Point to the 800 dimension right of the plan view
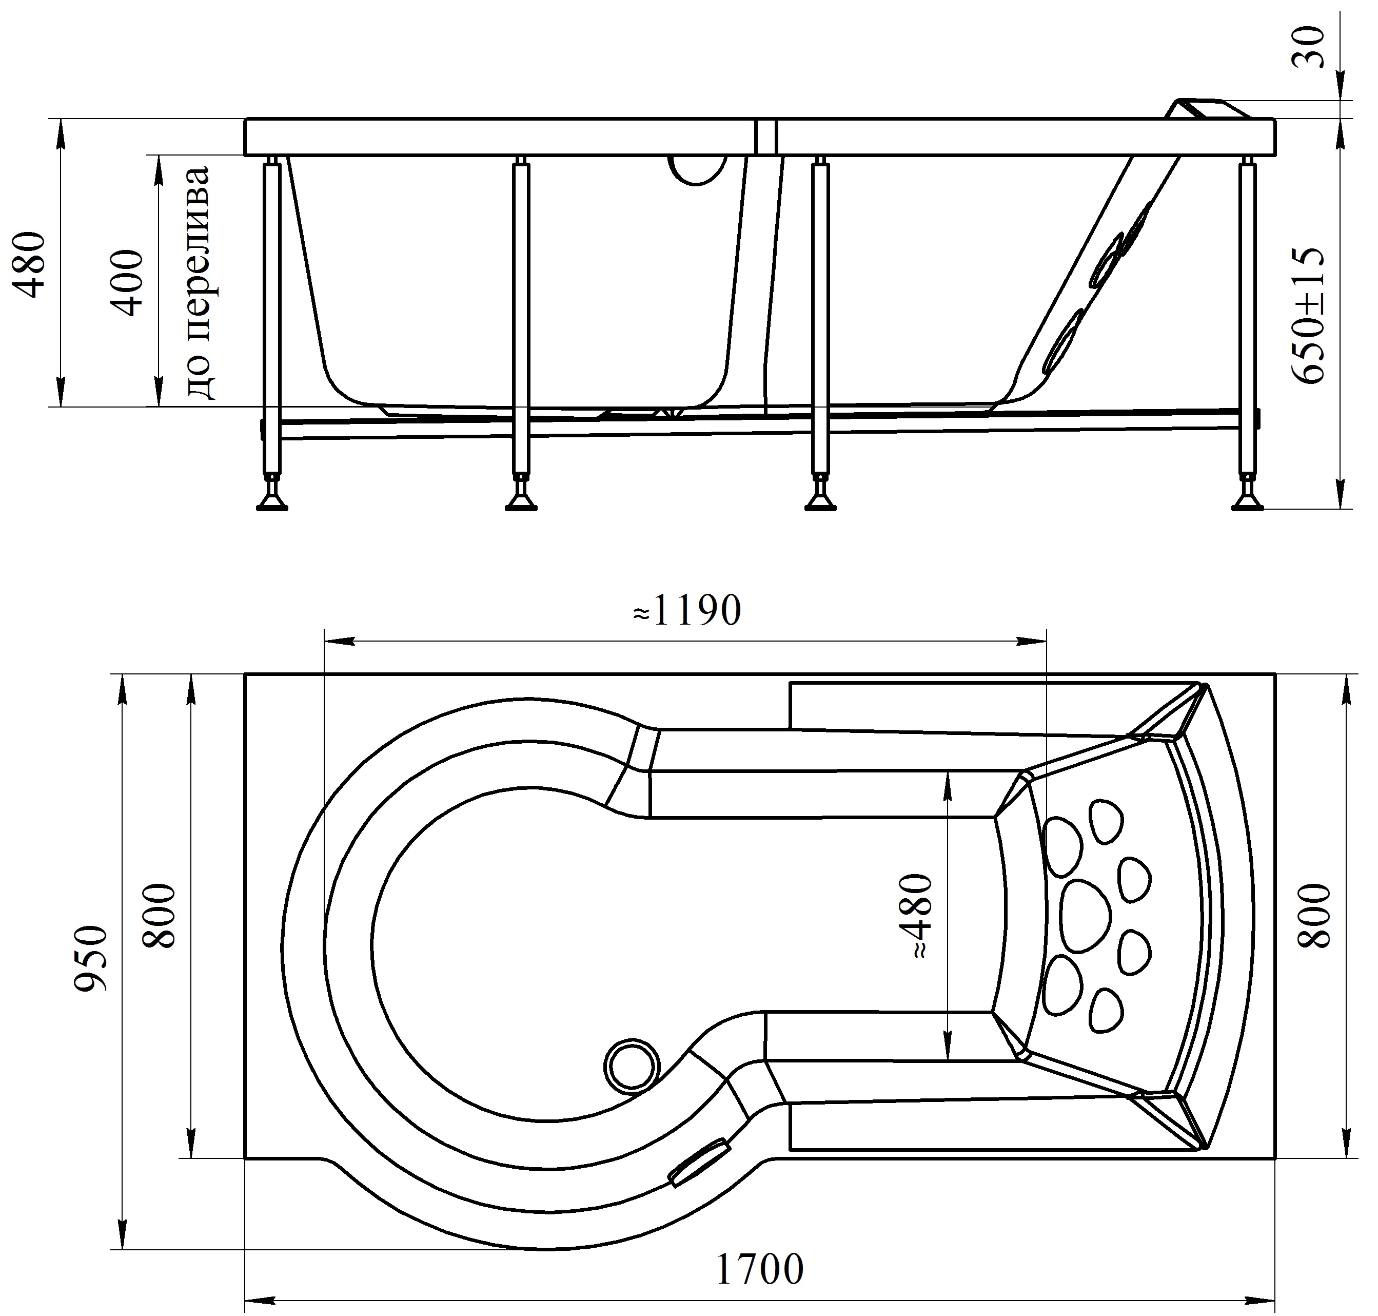[1313, 916]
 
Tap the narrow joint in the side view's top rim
[767, 137]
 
